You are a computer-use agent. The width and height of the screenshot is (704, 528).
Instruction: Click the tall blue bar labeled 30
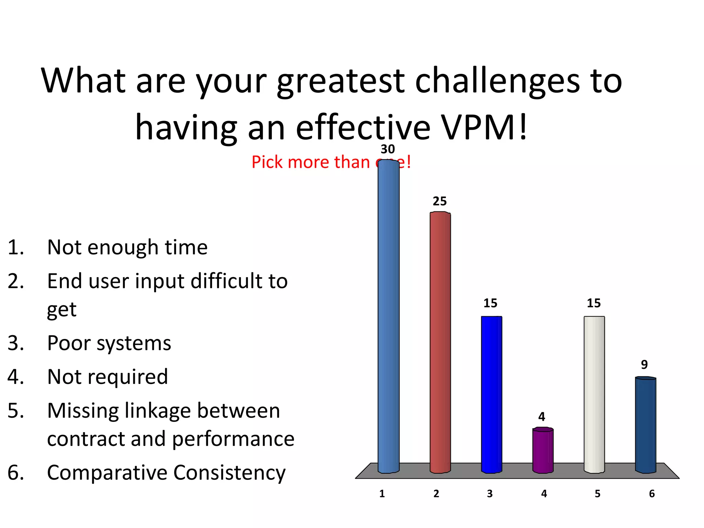388,316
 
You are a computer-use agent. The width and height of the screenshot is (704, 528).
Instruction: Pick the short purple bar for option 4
543,450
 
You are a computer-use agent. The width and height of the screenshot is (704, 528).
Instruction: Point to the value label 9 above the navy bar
644,364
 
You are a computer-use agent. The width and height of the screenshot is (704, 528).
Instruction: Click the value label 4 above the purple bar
542,417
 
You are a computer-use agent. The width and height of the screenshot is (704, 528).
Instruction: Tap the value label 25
440,201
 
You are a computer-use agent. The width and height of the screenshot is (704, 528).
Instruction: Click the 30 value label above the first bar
388,149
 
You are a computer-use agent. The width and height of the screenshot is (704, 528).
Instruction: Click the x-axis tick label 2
436,494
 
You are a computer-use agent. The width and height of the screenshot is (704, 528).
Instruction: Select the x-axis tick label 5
597,494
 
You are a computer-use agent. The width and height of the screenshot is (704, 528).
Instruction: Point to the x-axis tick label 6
652,494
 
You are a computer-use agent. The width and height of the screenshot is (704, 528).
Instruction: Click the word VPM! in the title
484,128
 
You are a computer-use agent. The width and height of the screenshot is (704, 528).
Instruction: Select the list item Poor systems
109,343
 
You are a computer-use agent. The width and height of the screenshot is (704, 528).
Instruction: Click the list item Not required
108,377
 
